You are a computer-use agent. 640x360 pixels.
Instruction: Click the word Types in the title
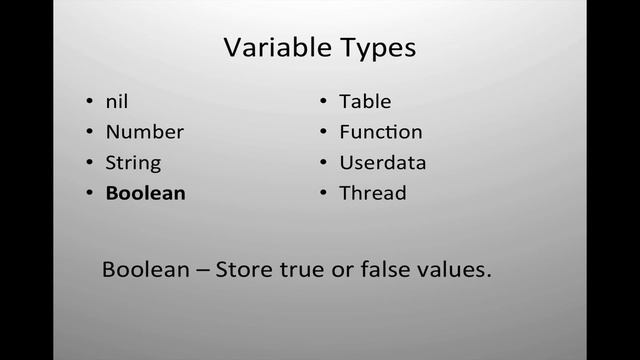tap(378, 48)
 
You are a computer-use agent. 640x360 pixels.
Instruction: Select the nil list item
tap(117, 101)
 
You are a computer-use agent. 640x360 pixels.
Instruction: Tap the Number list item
tap(144, 131)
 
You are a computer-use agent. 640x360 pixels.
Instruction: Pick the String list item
tap(133, 162)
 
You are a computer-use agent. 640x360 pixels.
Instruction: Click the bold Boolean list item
tap(145, 193)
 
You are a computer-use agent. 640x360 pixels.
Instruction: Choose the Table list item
tap(365, 101)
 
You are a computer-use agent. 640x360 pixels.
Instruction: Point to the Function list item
tap(380, 131)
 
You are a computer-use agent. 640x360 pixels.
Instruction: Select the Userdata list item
tap(382, 162)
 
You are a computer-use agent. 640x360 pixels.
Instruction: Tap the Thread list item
tap(372, 193)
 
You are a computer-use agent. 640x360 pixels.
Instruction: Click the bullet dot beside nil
tap(89, 102)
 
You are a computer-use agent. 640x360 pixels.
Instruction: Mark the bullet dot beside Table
tap(324, 102)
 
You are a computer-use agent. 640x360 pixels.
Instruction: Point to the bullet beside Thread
tap(324, 194)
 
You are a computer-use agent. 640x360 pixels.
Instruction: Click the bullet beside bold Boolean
tap(89, 194)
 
